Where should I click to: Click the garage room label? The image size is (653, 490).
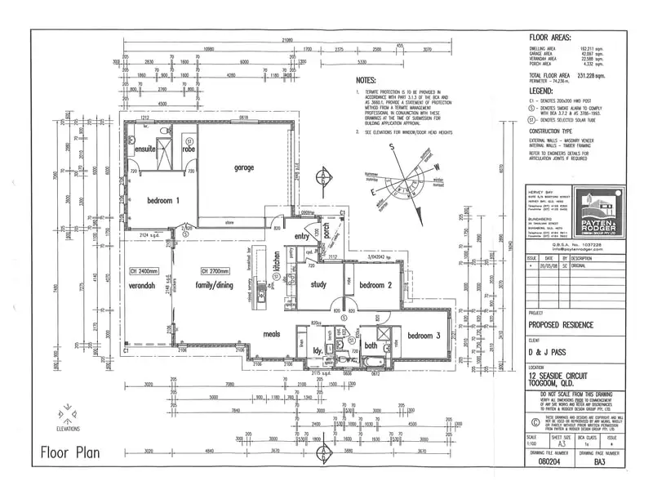click(x=244, y=168)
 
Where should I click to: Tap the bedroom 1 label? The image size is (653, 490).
click(x=163, y=201)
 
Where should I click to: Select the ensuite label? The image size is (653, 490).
click(x=145, y=150)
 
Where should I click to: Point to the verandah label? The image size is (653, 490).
click(x=141, y=287)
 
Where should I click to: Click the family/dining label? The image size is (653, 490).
click(x=214, y=286)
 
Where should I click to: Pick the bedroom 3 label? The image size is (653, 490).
click(x=425, y=336)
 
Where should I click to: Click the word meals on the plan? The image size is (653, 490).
click(x=271, y=333)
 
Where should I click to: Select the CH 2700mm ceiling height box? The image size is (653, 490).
click(x=214, y=271)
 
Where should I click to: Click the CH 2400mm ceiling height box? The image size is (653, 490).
click(x=143, y=271)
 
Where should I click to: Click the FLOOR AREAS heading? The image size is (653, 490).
click(x=551, y=38)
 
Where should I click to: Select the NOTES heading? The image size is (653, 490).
click(x=366, y=81)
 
